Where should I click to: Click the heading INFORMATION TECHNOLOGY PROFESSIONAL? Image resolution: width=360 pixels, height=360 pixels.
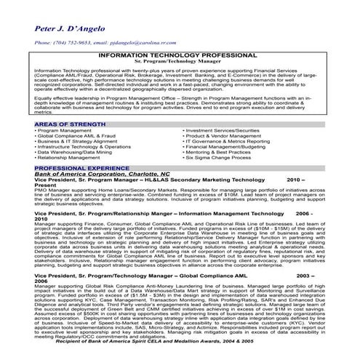180,55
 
